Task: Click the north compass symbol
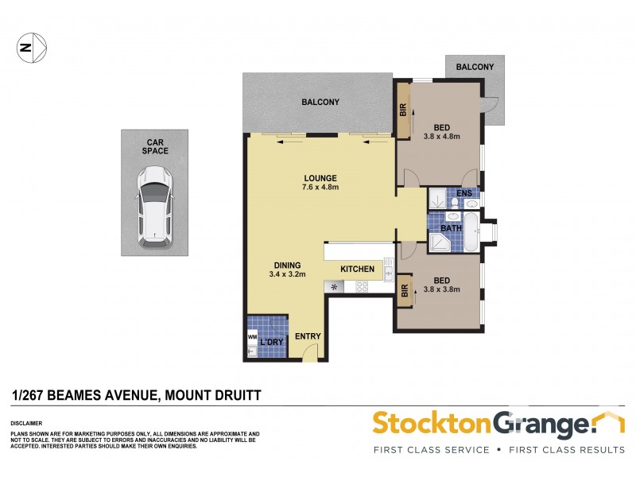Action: click(x=31, y=48)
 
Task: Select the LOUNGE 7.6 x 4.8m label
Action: click(x=320, y=183)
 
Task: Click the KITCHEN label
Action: click(x=357, y=269)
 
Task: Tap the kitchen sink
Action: click(x=388, y=270)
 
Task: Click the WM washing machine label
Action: click(x=252, y=338)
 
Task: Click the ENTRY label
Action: click(x=308, y=336)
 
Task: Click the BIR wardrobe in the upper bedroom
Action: click(x=403, y=112)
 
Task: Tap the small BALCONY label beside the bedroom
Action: click(x=475, y=68)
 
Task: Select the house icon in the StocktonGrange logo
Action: click(x=610, y=421)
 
